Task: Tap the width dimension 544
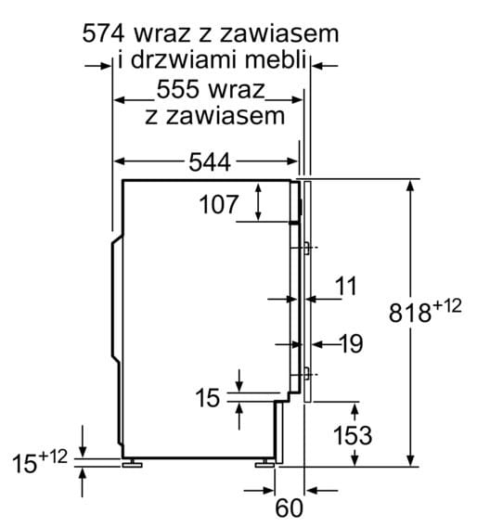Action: click(210, 161)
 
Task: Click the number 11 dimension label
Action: click(345, 287)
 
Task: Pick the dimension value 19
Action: click(350, 344)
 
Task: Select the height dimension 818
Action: click(411, 313)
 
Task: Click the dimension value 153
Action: click(353, 433)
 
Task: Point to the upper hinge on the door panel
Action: click(307, 248)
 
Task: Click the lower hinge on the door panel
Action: click(307, 374)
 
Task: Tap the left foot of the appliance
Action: click(133, 461)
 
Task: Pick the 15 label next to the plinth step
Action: click(210, 398)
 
